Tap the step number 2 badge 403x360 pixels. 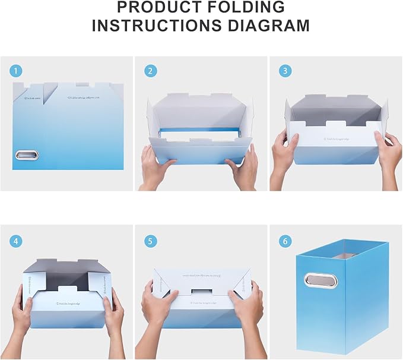coord(151,71)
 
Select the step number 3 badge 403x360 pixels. coord(285,71)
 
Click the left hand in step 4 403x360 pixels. coord(21,318)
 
